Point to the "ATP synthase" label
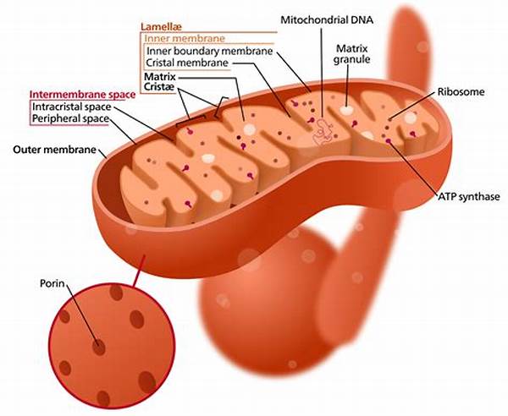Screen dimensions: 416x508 coord(468,197)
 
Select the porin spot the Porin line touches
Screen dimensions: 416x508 coord(100,347)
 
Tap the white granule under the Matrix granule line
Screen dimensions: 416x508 coord(348,109)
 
